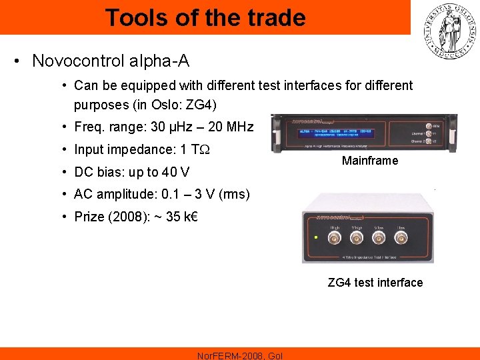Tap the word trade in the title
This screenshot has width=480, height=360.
click(x=274, y=17)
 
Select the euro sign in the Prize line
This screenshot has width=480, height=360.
click(x=194, y=217)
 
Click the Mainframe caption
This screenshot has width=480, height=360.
click(x=370, y=161)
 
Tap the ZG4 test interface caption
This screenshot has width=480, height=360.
click(x=375, y=283)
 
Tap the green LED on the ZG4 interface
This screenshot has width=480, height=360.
click(x=315, y=237)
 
